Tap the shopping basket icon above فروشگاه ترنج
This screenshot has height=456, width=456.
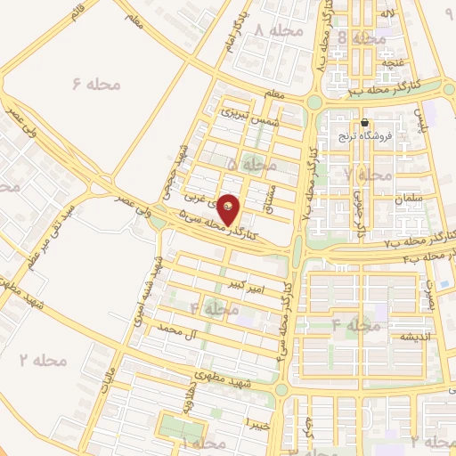click(x=365, y=123)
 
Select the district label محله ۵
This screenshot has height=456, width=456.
click(x=254, y=166)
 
